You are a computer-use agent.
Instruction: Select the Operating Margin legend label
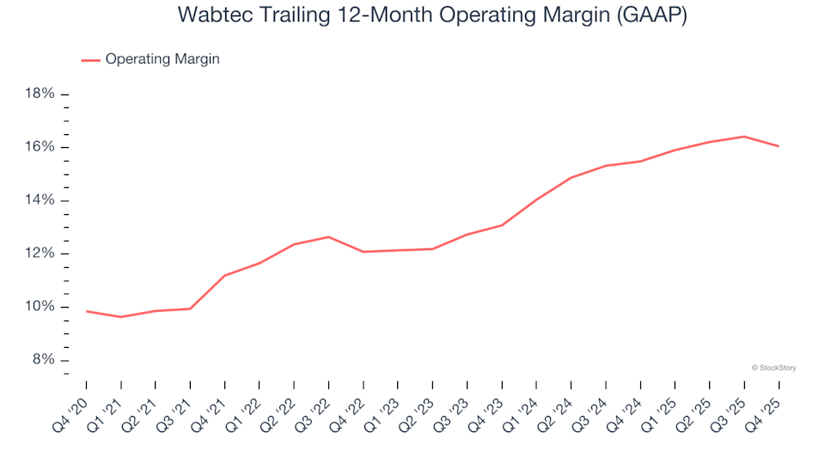coord(162,59)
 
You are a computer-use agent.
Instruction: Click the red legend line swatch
coord(90,60)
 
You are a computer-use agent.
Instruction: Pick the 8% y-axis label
coord(42,360)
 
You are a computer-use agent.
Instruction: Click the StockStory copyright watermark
coord(773,368)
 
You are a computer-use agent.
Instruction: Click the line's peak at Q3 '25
coord(744,137)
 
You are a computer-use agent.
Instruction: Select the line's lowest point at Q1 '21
coord(121,317)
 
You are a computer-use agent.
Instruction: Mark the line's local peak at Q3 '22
coord(328,237)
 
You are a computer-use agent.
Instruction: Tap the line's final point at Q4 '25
coord(779,146)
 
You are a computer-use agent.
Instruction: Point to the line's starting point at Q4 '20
coord(87,311)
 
